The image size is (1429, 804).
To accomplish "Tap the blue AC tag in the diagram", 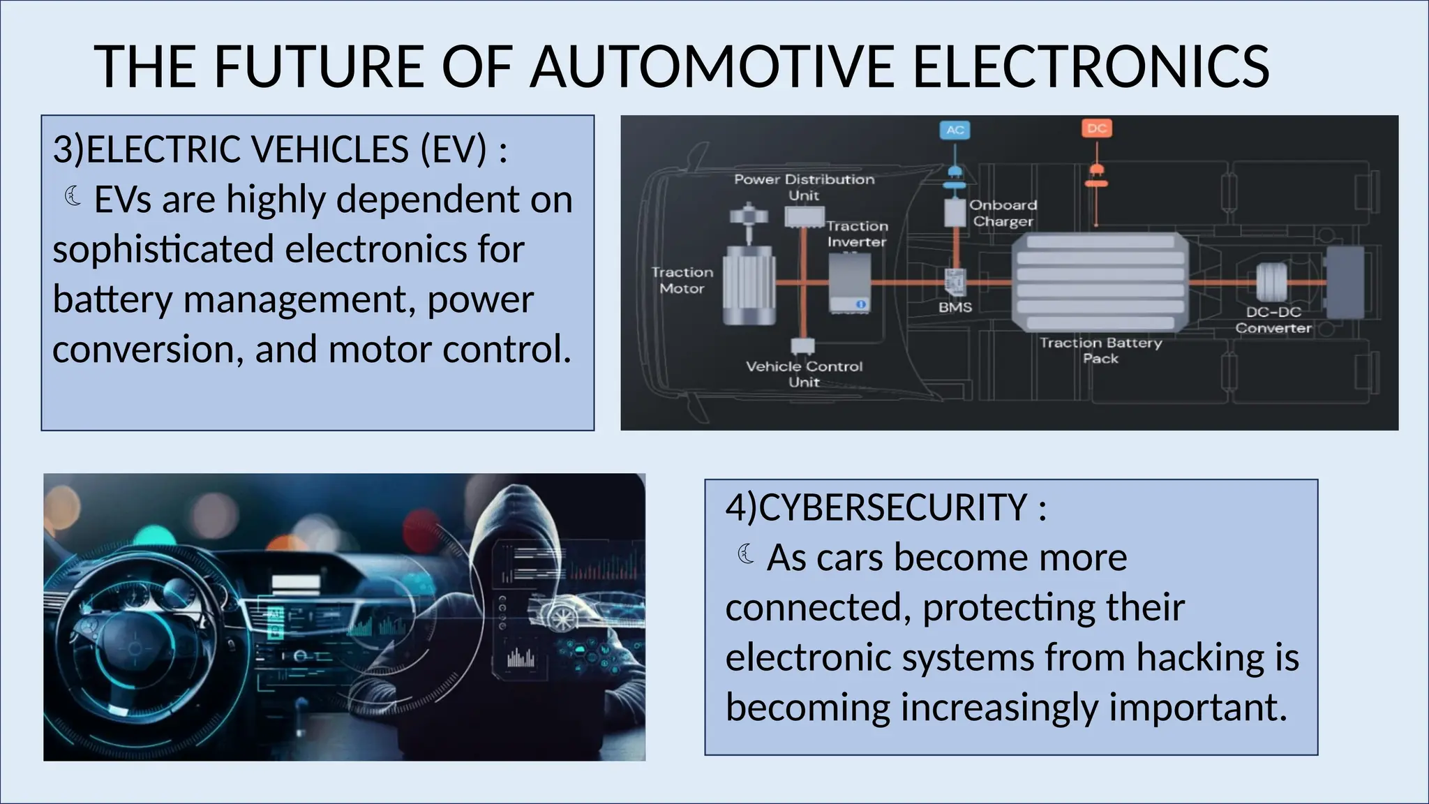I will pos(955,130).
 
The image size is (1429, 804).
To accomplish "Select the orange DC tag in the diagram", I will pos(1096,128).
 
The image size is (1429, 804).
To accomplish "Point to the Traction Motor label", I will pos(682,280).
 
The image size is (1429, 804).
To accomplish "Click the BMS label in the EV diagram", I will pos(955,307).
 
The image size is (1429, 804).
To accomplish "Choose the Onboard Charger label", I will pos(1003,213).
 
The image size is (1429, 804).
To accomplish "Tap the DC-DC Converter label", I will pos(1273,320).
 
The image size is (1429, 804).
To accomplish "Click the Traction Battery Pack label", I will pos(1100,350).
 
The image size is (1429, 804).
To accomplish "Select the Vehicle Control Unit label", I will pos(804,374).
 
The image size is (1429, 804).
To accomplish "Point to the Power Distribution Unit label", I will pos(804,187).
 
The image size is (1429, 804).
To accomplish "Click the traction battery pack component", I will pos(1100,283).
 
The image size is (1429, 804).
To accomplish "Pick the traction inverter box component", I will pos(849,283).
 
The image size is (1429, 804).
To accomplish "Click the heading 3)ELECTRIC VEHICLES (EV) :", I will pos(280,149).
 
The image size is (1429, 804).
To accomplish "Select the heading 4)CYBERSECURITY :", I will pos(885,507).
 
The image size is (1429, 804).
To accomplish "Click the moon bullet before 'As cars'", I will pos(746,555).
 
